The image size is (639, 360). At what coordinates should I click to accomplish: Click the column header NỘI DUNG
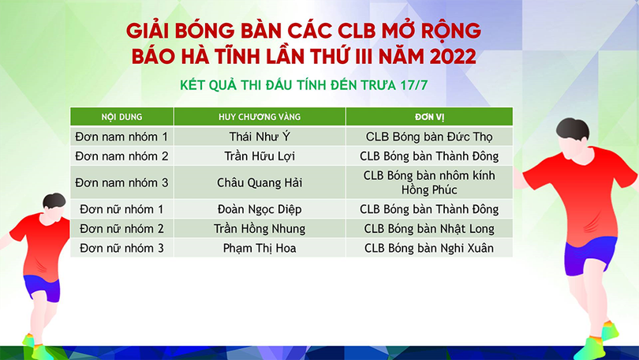point(121,117)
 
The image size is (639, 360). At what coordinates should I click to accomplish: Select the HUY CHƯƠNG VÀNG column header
point(260,117)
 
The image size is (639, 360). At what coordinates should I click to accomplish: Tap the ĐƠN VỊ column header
point(429,117)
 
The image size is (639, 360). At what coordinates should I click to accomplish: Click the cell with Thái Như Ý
point(260,137)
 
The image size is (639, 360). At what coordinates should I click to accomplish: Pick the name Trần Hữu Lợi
point(260,156)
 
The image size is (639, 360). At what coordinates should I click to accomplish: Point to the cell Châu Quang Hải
point(260,182)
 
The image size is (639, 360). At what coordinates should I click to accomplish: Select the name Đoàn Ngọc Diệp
point(260,209)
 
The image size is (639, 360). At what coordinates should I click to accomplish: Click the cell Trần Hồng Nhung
point(260,229)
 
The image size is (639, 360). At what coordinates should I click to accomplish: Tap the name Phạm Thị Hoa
point(260,248)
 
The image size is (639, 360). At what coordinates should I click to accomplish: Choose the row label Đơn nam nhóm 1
point(121,137)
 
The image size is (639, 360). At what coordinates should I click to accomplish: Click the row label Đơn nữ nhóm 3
point(121,248)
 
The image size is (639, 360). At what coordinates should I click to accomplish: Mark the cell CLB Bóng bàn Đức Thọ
point(429,137)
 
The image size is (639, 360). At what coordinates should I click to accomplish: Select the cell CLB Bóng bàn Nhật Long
point(429,229)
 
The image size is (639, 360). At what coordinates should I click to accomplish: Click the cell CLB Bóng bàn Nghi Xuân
point(429,248)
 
